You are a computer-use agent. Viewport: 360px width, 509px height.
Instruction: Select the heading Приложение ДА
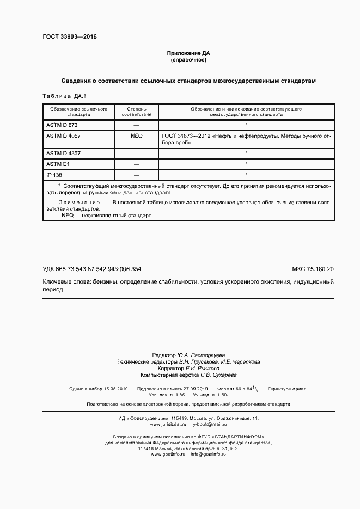188,53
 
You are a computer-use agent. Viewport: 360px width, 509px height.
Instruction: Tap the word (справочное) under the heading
188,60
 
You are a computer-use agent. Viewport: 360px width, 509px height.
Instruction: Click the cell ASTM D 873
63,125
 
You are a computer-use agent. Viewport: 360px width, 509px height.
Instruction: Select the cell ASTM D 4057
64,135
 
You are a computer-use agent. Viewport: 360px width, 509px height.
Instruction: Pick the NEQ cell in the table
136,135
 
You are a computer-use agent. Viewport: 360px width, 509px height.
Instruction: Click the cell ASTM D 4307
64,154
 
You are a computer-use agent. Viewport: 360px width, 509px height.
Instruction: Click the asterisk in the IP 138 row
246,175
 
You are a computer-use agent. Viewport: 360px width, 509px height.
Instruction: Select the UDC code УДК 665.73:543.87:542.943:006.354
92,269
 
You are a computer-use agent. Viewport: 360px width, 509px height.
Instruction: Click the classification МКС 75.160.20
313,269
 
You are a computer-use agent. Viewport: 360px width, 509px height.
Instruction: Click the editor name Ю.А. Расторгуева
209,354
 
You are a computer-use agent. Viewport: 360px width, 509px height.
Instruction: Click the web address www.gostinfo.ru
169,454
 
